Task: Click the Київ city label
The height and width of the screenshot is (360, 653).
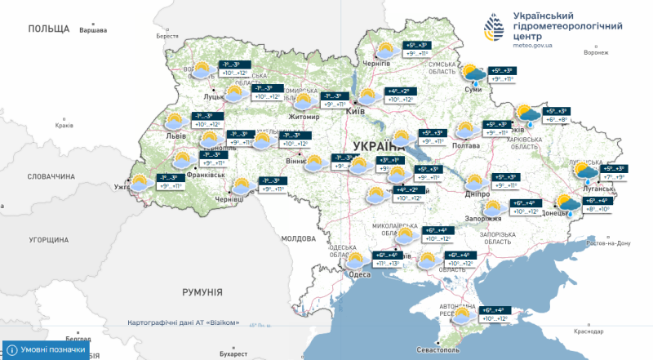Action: [x=355, y=111]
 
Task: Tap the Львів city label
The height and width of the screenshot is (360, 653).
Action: [x=175, y=135]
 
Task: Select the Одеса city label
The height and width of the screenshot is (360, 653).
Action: [x=359, y=274]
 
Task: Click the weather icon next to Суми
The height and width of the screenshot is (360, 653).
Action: [x=473, y=75]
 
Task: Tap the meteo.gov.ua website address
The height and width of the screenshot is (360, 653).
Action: [x=533, y=45]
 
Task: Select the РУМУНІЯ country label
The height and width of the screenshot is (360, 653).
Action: [x=202, y=291]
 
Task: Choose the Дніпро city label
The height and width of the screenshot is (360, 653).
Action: [x=478, y=195]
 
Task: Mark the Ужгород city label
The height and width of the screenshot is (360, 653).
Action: [x=125, y=187]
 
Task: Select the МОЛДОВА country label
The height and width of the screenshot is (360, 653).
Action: [x=297, y=238]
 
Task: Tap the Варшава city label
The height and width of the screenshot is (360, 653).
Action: [x=92, y=30]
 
